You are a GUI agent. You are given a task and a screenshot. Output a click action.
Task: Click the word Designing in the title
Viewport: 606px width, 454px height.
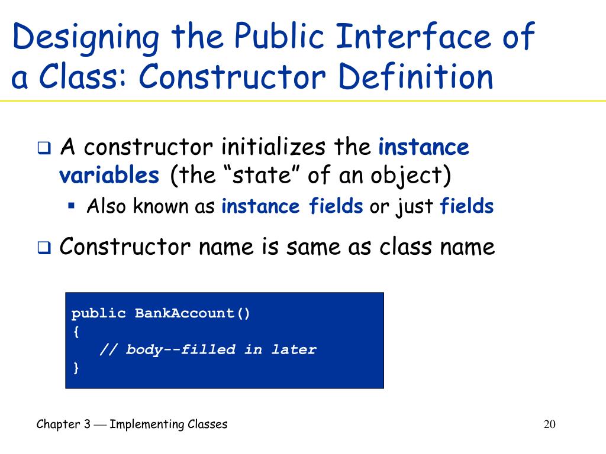pos(86,38)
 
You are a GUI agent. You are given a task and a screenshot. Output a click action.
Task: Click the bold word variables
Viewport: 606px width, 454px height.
pos(109,176)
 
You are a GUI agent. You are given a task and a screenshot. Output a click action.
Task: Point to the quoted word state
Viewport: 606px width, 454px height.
pos(248,176)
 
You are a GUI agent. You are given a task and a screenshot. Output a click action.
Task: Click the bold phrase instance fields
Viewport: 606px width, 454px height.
pos(292,206)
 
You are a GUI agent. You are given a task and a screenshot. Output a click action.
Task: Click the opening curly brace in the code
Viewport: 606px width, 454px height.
pos(75,331)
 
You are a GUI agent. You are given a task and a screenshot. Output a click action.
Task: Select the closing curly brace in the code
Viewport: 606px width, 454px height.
pos(75,368)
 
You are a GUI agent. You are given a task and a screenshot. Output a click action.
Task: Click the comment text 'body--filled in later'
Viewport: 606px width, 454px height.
pos(220,349)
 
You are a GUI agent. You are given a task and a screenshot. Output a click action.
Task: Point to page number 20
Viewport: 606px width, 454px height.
pos(550,424)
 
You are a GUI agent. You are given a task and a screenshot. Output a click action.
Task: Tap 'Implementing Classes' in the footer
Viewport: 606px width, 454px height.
pos(169,424)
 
